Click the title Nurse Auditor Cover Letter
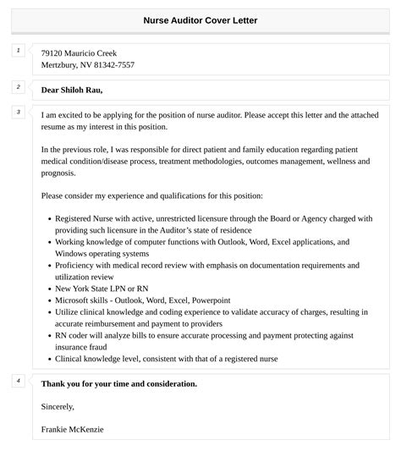(x=200, y=19)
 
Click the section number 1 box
(x=18, y=51)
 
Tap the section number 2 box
(x=18, y=87)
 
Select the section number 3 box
(x=18, y=112)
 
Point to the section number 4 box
(x=18, y=380)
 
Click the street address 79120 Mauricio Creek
(x=79, y=52)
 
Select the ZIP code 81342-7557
(x=116, y=65)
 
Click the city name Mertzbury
(x=59, y=65)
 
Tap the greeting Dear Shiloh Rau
(x=77, y=90)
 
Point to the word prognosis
(x=58, y=173)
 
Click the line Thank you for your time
(x=118, y=383)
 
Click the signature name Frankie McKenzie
(x=72, y=429)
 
